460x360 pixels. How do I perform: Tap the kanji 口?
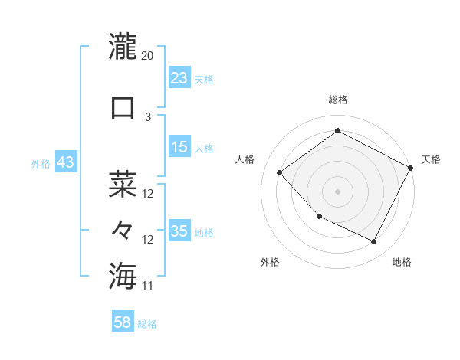click(x=123, y=106)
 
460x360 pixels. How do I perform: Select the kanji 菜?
click(x=123, y=184)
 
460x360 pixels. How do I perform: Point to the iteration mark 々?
click(x=123, y=230)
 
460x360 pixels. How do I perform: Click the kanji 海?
click(x=123, y=275)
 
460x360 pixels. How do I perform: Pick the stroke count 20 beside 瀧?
click(x=148, y=56)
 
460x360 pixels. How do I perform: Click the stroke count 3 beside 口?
click(x=148, y=117)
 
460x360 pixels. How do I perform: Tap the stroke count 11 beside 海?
click(x=148, y=286)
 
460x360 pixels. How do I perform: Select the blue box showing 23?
click(x=179, y=78)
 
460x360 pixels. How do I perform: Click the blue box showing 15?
click(x=179, y=147)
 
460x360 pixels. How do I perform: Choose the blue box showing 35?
click(x=179, y=231)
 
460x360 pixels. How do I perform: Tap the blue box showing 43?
click(x=65, y=162)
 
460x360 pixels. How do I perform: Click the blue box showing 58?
click(x=123, y=322)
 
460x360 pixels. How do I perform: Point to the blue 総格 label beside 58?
click(x=147, y=324)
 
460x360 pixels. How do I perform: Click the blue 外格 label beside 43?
click(x=40, y=164)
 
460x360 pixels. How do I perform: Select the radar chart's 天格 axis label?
click(x=431, y=159)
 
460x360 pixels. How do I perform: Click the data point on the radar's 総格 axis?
click(x=337, y=131)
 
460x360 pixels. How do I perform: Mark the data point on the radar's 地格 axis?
click(x=374, y=242)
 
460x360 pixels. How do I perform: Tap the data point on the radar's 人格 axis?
click(x=280, y=172)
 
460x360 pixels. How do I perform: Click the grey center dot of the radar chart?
click(x=337, y=191)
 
